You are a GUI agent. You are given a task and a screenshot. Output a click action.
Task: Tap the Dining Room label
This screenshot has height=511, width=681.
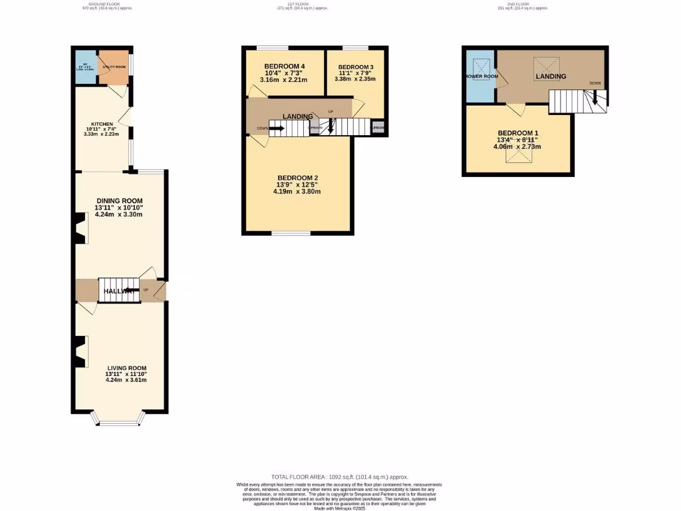pos(120,201)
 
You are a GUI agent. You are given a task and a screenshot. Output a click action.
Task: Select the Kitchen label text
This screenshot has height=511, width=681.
pos(102,124)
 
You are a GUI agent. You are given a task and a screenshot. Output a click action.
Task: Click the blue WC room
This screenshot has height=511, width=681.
pos(85,67)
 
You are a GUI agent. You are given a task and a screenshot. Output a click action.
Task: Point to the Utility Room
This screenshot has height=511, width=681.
pos(113,67)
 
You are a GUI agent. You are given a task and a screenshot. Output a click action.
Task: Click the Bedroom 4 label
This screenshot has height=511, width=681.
pos(284,67)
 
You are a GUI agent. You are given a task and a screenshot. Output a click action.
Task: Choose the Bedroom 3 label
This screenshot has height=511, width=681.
pos(356,67)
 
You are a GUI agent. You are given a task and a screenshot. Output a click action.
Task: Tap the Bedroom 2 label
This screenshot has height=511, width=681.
pos(297,178)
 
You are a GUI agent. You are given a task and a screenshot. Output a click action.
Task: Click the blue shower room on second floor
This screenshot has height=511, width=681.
pos(480,76)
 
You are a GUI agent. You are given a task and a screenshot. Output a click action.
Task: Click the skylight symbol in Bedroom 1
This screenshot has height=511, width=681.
pos(519,156)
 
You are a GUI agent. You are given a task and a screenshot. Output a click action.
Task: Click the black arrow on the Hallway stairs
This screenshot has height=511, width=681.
pos(126,290)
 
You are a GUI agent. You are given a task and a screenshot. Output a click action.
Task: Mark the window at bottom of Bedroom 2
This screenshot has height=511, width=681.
pos(291,233)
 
